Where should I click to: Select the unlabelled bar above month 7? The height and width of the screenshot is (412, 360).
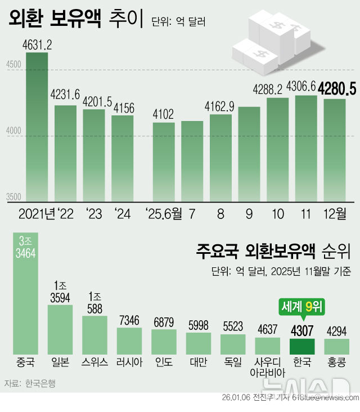tap(192, 160)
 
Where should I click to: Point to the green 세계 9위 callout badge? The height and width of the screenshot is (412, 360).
tap(302, 307)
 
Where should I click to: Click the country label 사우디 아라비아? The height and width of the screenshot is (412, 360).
tap(267, 366)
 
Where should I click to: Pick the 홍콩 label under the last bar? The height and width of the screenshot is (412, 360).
tap(336, 361)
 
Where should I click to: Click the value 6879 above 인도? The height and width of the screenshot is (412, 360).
tap(164, 322)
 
